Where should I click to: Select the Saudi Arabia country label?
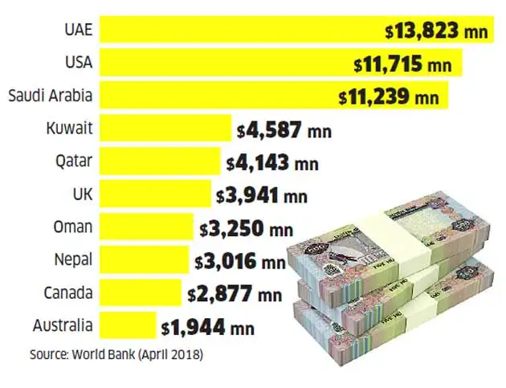pos(50,96)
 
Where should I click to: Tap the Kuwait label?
pos(69,129)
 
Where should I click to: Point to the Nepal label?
pos(71,260)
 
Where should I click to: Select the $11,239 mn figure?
pos(389,97)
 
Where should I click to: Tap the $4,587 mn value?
pos(284,129)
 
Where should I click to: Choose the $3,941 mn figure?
pos(261,195)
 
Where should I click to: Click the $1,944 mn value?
pos(207,327)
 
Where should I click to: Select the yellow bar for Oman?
pos(148,228)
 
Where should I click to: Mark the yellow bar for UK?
pos(157,195)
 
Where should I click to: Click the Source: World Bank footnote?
pos(116,354)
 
